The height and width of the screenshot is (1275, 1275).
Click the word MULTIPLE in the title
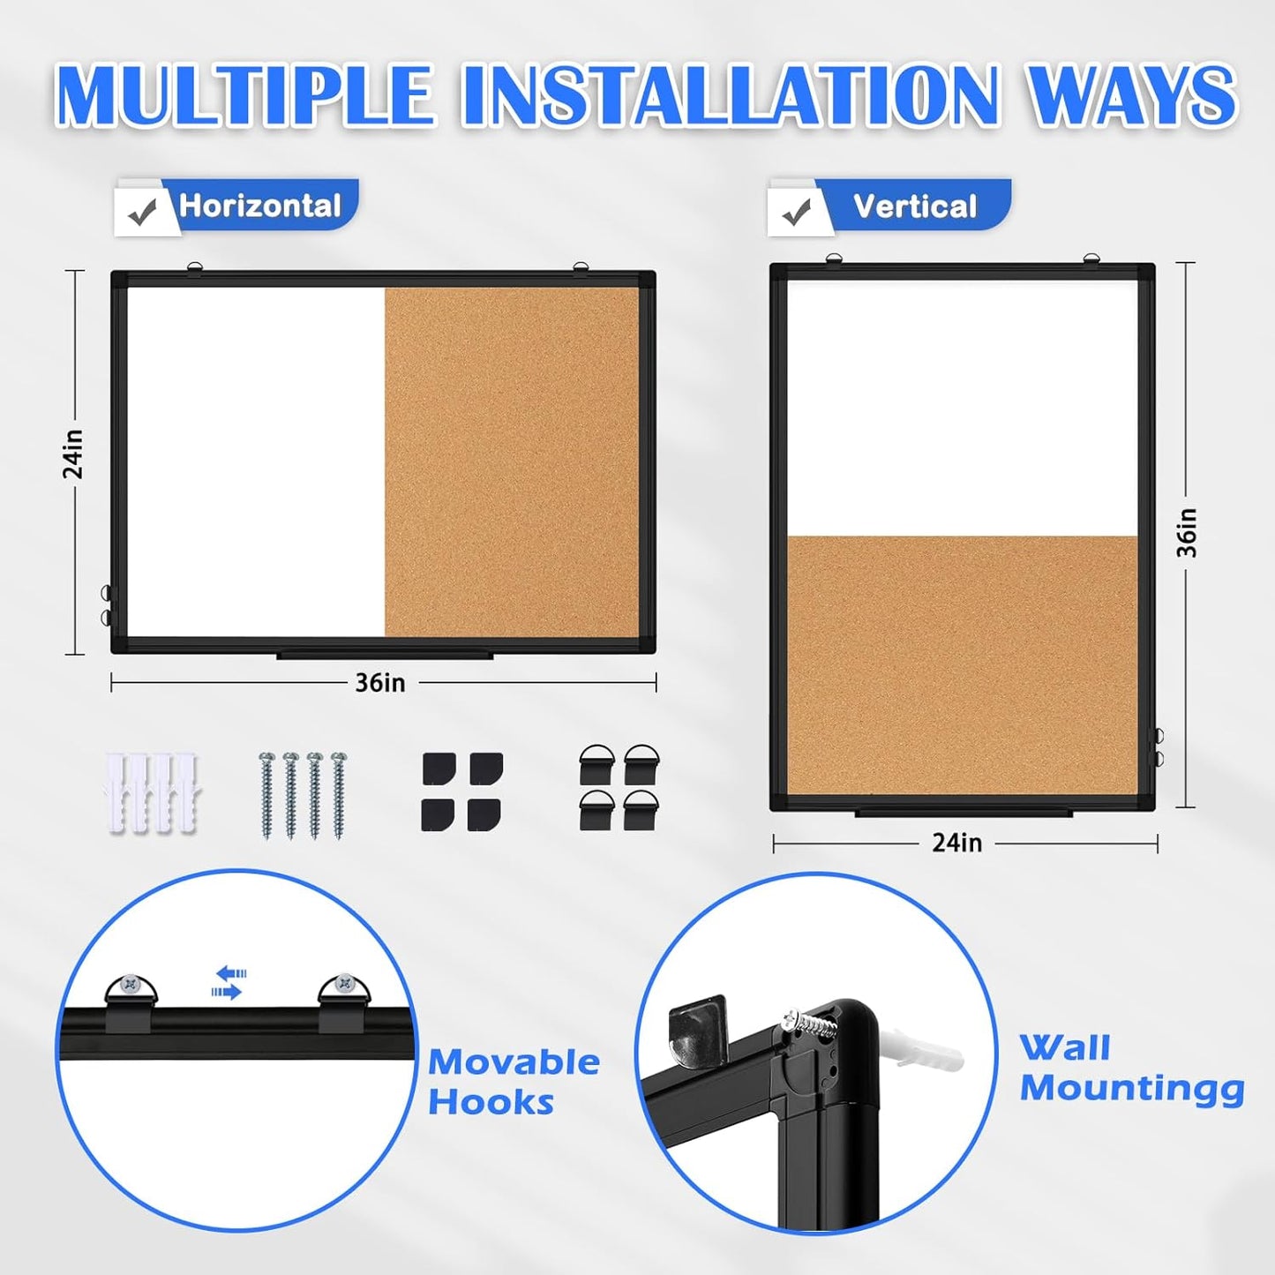(x=244, y=94)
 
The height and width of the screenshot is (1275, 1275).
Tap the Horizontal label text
(x=259, y=206)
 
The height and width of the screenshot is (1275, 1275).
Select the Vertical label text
(x=914, y=207)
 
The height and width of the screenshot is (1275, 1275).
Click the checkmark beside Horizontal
(x=142, y=212)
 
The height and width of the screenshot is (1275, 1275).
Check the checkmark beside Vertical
(x=797, y=213)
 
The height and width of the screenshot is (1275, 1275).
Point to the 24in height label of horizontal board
(x=74, y=454)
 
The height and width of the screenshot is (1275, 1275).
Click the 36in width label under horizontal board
(x=380, y=683)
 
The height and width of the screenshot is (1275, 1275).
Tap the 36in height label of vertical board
(x=1187, y=532)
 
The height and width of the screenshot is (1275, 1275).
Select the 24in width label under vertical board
(x=956, y=844)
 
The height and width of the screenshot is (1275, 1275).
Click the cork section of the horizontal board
(x=512, y=461)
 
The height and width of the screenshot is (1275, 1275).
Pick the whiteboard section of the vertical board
(x=962, y=408)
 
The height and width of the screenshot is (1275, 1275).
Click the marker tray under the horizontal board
(x=384, y=656)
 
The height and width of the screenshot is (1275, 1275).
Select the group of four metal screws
(x=303, y=794)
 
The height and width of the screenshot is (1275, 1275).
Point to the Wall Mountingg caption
(x=1131, y=1069)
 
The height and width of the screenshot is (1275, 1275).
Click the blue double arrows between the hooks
(x=229, y=982)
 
